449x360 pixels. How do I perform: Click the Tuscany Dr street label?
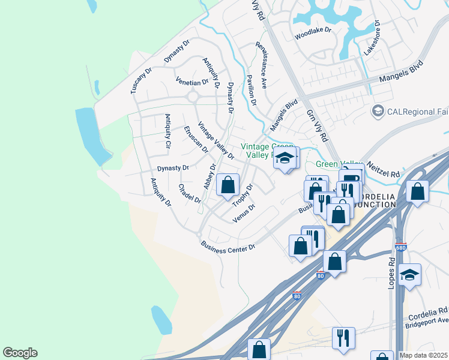pyautogui.click(x=142, y=80)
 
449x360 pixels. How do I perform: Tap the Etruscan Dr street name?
pyautogui.click(x=196, y=139)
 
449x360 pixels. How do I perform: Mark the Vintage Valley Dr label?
pyautogui.click(x=215, y=140)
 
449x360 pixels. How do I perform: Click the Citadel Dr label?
pyautogui.click(x=189, y=193)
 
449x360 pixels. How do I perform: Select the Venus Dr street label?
pyautogui.click(x=244, y=212)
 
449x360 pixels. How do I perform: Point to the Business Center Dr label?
pyautogui.click(x=228, y=246)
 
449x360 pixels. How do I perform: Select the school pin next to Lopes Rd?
pyautogui.click(x=410, y=275)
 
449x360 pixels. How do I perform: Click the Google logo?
pyautogui.click(x=20, y=353)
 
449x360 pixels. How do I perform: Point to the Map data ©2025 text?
pyautogui.click(x=424, y=355)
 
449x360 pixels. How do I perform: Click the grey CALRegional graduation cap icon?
pyautogui.click(x=378, y=111)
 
